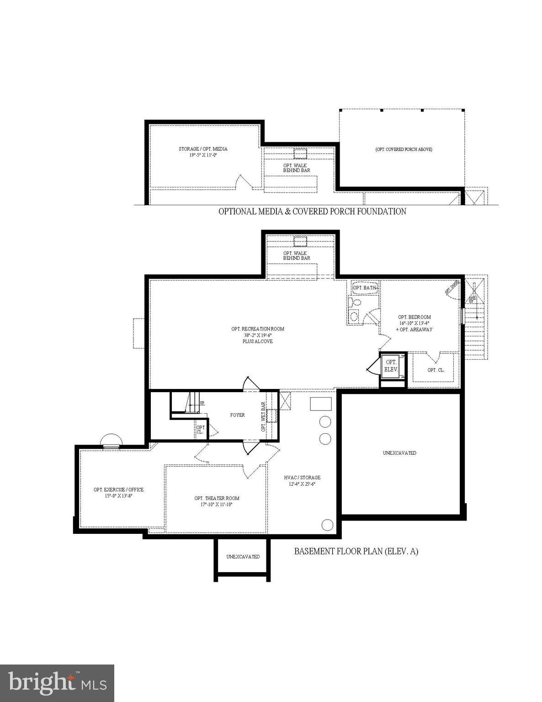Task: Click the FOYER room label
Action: pyautogui.click(x=237, y=415)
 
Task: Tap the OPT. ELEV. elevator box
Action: pyautogui.click(x=391, y=366)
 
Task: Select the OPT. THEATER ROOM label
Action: pyautogui.click(x=217, y=498)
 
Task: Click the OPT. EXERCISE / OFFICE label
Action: pyautogui.click(x=118, y=489)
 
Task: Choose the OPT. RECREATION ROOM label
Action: pyautogui.click(x=258, y=329)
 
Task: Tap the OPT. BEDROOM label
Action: pyautogui.click(x=414, y=317)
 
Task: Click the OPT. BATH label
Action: pyautogui.click(x=364, y=288)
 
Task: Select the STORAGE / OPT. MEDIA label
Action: pyautogui.click(x=203, y=149)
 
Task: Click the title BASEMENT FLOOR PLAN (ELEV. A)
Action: pyautogui.click(x=356, y=551)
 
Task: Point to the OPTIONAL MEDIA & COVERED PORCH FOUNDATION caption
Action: pyautogui.click(x=312, y=211)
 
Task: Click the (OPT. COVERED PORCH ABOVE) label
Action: pyautogui.click(x=404, y=149)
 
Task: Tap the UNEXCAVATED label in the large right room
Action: pyautogui.click(x=399, y=453)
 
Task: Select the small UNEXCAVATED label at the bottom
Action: pyautogui.click(x=243, y=557)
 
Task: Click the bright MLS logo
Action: pyautogui.click(x=57, y=683)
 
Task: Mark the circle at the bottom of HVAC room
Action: pyautogui.click(x=327, y=525)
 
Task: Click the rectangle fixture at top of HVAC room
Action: pyautogui.click(x=321, y=404)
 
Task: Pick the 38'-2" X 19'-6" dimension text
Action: pyautogui.click(x=258, y=335)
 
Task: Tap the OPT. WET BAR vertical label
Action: pyautogui.click(x=263, y=417)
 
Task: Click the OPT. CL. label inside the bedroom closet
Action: pyautogui.click(x=435, y=370)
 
